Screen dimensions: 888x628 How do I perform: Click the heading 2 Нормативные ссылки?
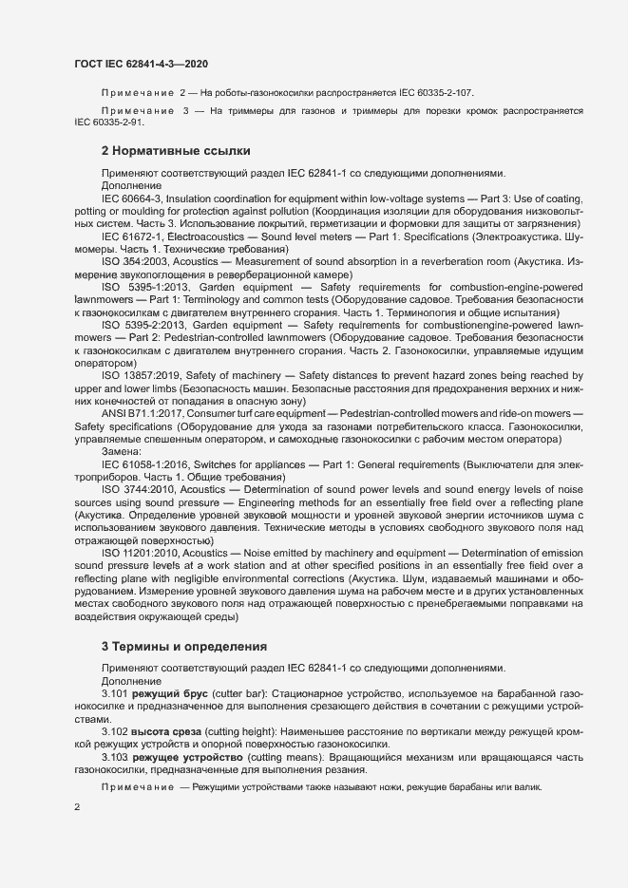click(176, 151)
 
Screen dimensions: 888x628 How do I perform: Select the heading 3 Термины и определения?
click(179, 646)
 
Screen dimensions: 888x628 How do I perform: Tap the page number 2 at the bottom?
click(77, 807)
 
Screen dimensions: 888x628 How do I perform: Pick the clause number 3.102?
click(115, 733)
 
